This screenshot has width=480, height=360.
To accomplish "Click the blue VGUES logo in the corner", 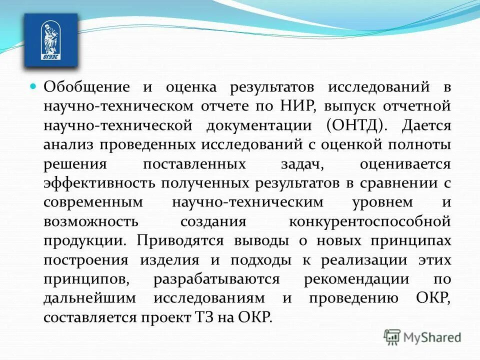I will tap(51, 40).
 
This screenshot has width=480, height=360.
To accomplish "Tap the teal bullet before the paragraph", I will tap(33, 86).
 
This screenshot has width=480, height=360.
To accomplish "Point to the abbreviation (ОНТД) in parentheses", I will tap(356, 125).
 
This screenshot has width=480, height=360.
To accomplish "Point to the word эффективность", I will tap(98, 183).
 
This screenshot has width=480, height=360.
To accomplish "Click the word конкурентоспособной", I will tap(370, 221).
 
